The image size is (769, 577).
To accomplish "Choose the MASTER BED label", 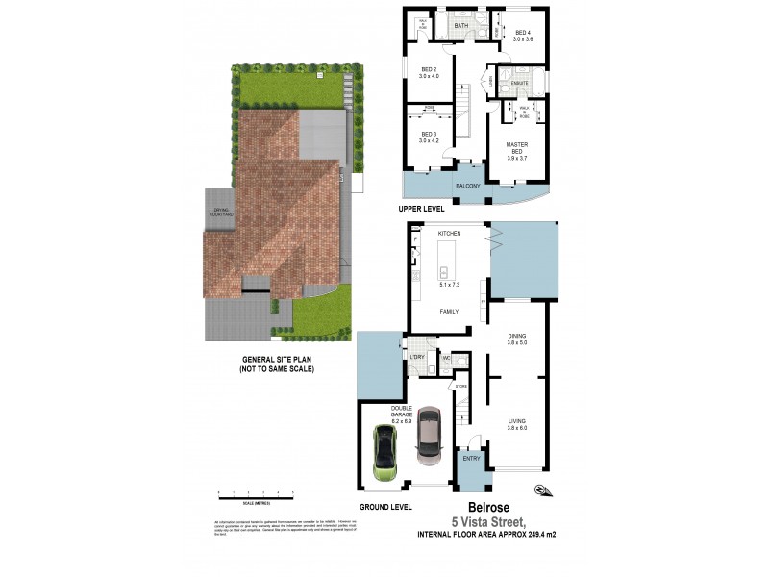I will pyautogui.click(x=517, y=148).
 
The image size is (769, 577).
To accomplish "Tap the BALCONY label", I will pyautogui.click(x=467, y=185).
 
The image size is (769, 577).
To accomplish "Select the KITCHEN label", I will pyautogui.click(x=450, y=234).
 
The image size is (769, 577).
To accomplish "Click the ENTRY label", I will pyautogui.click(x=471, y=459).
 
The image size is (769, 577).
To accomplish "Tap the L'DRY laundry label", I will pyautogui.click(x=417, y=358).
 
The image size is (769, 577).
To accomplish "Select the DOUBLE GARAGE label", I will pyautogui.click(x=402, y=413).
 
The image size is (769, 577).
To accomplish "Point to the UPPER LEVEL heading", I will pyautogui.click(x=425, y=208).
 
